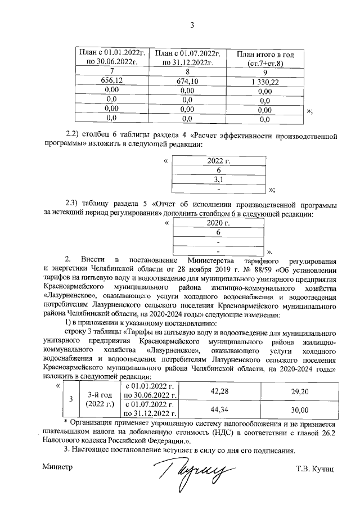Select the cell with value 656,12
(111, 80)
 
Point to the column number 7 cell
(111, 71)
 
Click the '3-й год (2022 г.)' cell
(100, 400)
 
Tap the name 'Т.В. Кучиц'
(316, 469)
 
